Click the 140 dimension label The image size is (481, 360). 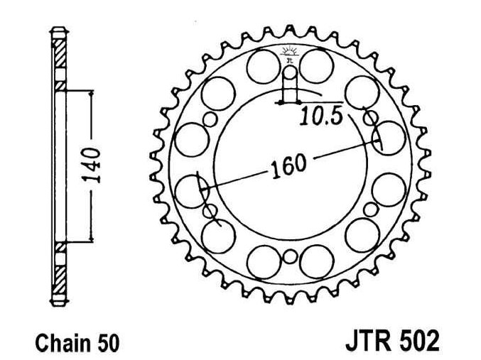(x=93, y=165)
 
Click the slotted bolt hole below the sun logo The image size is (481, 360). (x=289, y=87)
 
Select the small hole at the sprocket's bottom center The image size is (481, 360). (x=289, y=256)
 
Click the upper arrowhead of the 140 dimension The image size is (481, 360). (x=92, y=92)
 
